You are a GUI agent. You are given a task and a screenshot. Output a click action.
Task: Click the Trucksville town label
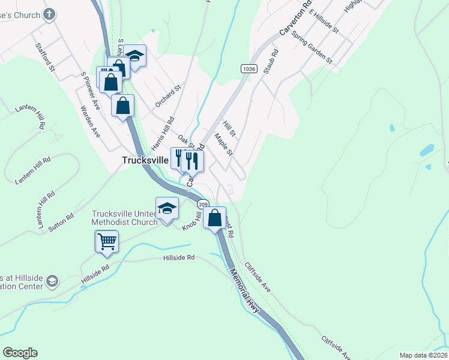click(146, 160)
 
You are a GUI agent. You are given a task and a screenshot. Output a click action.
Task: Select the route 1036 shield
click(249, 69)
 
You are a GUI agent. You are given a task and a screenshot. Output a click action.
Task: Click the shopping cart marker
click(107, 241)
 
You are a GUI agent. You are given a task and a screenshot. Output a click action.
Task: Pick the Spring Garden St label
click(312, 46)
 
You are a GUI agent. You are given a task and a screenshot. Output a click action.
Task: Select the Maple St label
click(223, 144)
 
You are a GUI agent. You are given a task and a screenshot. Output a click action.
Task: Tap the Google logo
click(20, 353)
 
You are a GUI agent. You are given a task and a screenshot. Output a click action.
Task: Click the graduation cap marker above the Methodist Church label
click(167, 208)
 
